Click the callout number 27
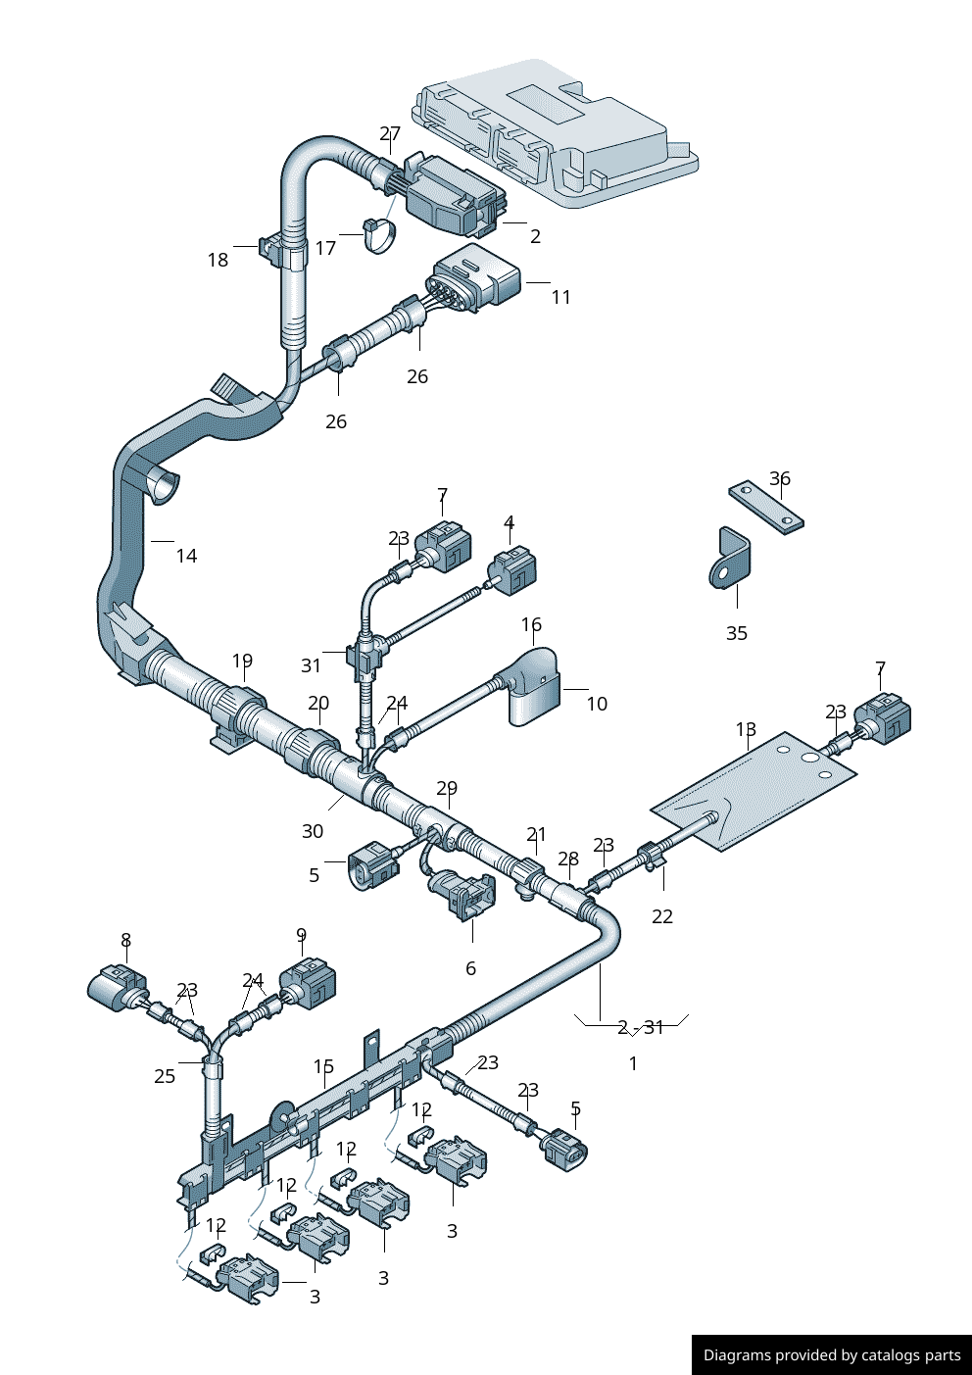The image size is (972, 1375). [390, 133]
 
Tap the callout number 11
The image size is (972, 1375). [560, 297]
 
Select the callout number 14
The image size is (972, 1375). [186, 556]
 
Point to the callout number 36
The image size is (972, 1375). [779, 478]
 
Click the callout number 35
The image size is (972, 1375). [737, 633]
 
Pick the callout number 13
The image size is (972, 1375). [746, 729]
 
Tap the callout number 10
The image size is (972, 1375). [597, 704]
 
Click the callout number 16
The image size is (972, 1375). [531, 624]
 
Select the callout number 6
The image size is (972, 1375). [470, 968]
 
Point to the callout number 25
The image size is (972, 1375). [165, 1076]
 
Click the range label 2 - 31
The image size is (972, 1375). [641, 1027]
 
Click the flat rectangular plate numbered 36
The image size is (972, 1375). [765, 507]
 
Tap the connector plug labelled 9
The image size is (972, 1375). [309, 984]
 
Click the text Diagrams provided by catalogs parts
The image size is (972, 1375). [832, 1355]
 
